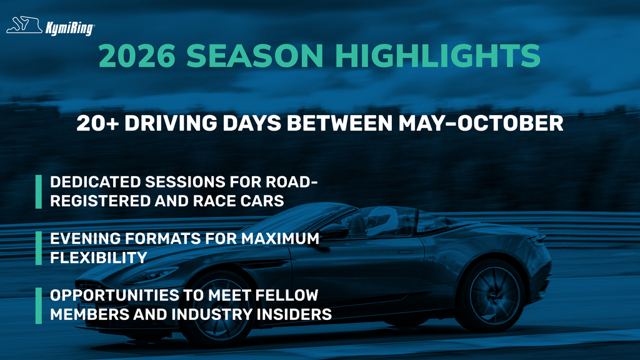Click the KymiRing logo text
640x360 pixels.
tap(69, 27)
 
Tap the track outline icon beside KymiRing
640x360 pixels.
tap(24, 26)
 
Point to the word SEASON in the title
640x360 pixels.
tap(266, 56)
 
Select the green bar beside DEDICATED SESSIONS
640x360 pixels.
tap(38, 192)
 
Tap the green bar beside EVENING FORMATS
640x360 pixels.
tap(38, 248)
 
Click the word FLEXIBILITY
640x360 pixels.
tap(98, 257)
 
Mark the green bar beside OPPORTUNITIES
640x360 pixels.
tap(38, 304)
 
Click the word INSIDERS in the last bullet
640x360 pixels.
tap(298, 314)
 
